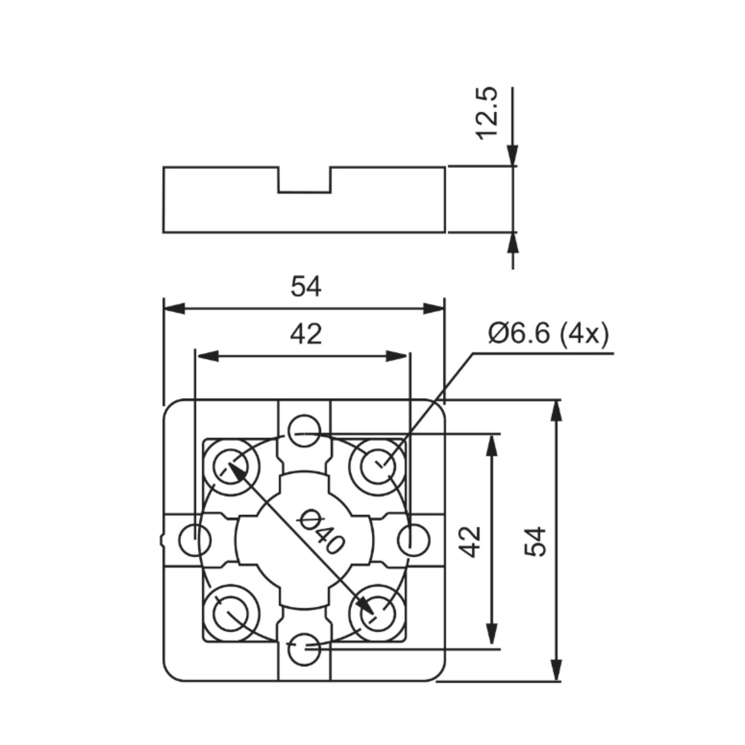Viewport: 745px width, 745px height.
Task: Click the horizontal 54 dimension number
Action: click(x=306, y=286)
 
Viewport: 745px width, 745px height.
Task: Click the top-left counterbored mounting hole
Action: click(x=231, y=467)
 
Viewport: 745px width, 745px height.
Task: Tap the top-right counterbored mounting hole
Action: click(x=378, y=467)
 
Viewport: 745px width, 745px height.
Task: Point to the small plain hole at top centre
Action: click(x=304, y=431)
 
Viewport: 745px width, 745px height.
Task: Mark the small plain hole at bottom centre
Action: click(x=304, y=649)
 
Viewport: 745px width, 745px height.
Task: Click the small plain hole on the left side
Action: click(x=195, y=540)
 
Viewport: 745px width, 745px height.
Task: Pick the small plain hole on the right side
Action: click(x=413, y=540)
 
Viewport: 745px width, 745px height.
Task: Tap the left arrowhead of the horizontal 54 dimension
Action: click(x=174, y=309)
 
